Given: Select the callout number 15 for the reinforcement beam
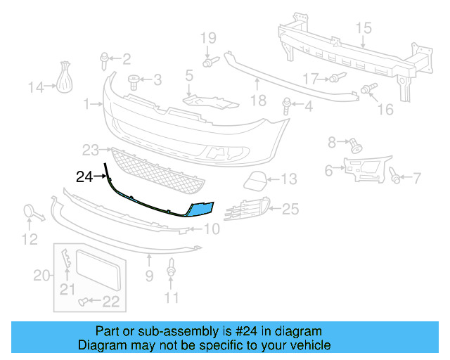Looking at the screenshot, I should (363, 29).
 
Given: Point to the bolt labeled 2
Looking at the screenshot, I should (105, 58).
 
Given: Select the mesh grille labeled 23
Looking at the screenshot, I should (158, 172).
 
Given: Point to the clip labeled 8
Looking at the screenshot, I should (355, 146).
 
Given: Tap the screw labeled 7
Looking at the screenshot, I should (396, 178).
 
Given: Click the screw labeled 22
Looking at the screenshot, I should (85, 302).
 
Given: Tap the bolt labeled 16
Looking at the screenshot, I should (367, 89).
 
